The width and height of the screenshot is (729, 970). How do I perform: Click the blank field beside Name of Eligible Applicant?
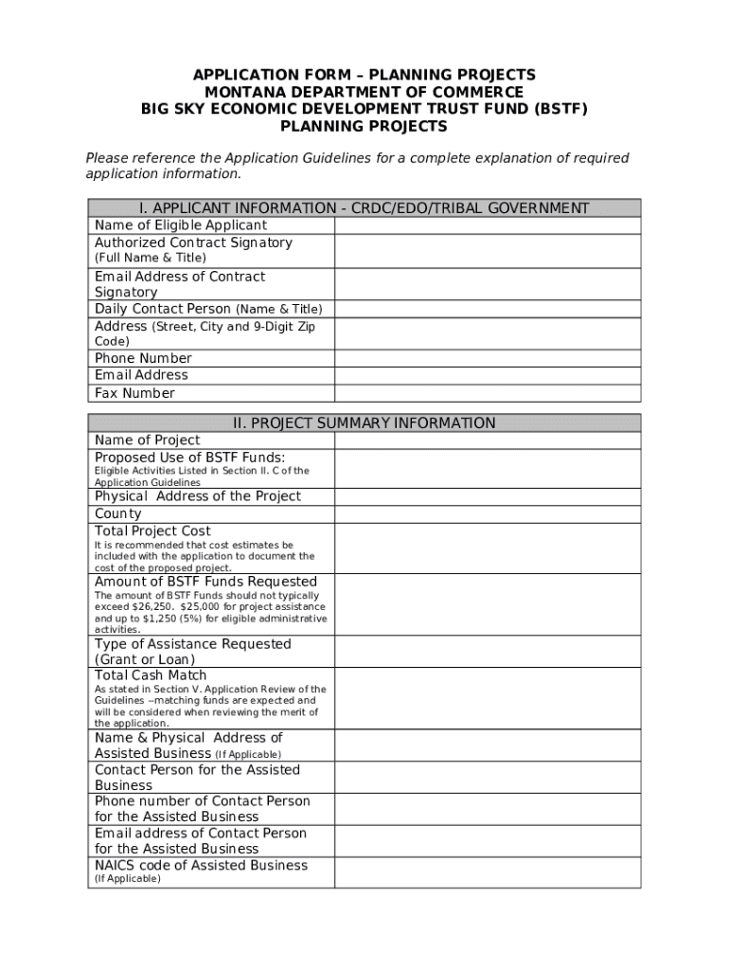(x=488, y=225)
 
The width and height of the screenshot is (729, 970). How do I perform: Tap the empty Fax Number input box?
(x=488, y=393)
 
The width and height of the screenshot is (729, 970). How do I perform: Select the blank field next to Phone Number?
(x=488, y=358)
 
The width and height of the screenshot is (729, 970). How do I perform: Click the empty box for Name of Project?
(x=488, y=440)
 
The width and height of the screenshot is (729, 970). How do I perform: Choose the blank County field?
(x=488, y=513)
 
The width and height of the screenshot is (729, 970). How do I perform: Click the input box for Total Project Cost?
(x=488, y=548)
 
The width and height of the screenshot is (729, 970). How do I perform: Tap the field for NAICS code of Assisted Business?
(x=488, y=872)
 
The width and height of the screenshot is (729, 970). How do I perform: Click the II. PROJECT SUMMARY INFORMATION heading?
(x=364, y=423)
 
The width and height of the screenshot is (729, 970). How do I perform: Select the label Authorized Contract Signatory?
(x=193, y=242)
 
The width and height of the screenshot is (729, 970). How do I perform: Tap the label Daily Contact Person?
(x=162, y=309)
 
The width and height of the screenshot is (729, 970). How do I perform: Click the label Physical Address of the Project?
(x=198, y=496)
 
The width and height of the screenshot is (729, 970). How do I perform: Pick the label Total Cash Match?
(x=151, y=675)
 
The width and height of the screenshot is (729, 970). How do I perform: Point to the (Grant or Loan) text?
(x=145, y=659)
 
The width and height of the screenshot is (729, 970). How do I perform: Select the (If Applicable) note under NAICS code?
(x=128, y=879)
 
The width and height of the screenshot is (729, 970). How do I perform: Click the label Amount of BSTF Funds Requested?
(x=205, y=582)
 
